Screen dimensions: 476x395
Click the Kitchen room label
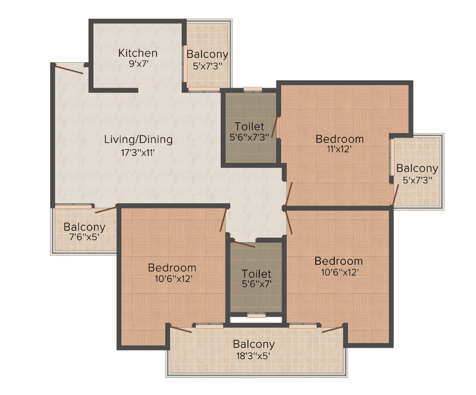(138, 53)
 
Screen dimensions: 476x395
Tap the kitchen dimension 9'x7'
(138, 64)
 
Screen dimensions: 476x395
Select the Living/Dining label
(138, 139)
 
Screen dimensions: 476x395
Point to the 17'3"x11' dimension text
(138, 153)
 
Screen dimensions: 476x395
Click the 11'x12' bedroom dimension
(339, 149)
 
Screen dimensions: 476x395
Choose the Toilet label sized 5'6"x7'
(256, 274)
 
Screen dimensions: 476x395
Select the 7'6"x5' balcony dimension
(84, 237)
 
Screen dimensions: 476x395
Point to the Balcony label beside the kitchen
(207, 54)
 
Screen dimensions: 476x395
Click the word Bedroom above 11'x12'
(340, 139)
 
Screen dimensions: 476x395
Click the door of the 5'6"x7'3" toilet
(275, 127)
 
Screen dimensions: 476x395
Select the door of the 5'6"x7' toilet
(245, 245)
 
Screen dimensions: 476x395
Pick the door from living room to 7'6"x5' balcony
(106, 210)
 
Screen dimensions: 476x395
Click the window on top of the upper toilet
(253, 89)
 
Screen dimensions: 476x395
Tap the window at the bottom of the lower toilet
(256, 315)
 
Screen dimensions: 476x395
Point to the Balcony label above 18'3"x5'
(254, 344)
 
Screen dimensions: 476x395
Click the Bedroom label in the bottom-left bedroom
(172, 268)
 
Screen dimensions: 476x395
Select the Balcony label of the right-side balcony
(417, 168)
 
